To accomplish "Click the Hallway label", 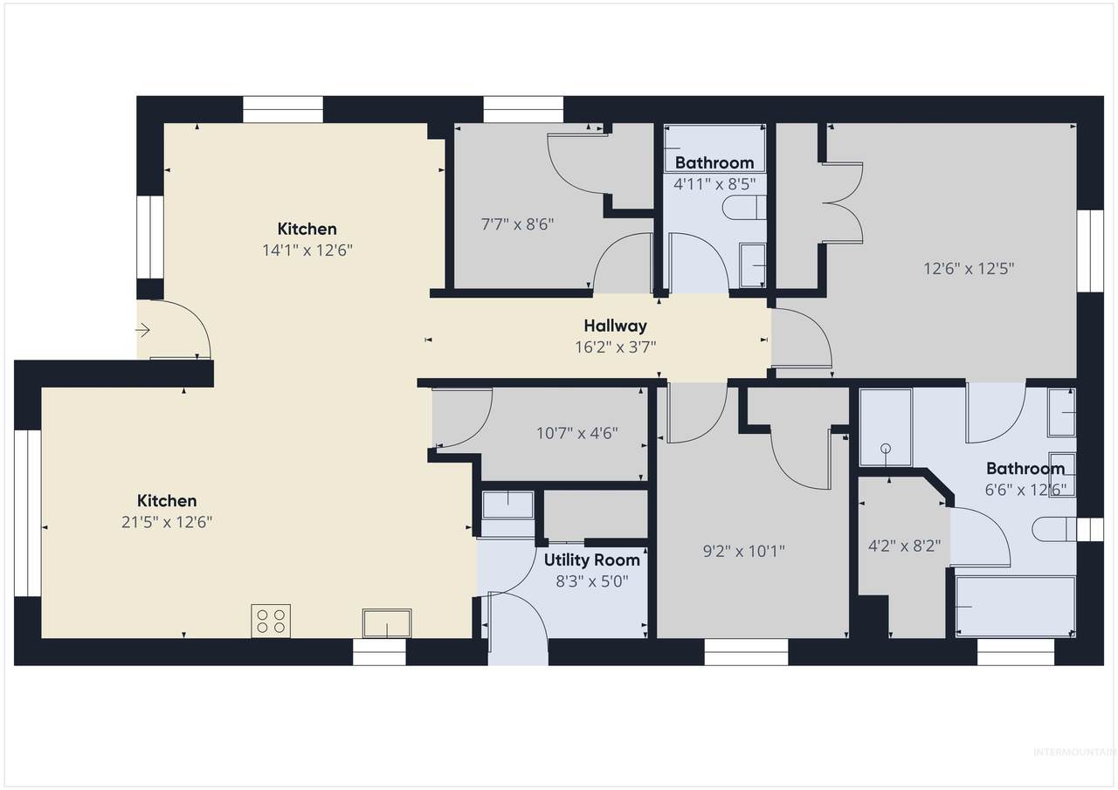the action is pos(615,326).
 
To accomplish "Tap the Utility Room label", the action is pos(592,560).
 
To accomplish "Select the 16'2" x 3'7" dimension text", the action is pos(615,347).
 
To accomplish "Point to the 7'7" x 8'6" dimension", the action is pos(518,224).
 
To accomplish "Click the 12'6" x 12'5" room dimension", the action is pos(969,270).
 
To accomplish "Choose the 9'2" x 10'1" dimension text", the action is pos(743,551).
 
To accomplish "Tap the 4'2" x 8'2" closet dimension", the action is pos(904,546).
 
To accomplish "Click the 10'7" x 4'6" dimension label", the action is pos(577,433).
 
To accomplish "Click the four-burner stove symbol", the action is pos(271,621).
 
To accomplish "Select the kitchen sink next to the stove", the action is pos(387,623).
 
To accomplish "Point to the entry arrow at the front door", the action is pos(142,330).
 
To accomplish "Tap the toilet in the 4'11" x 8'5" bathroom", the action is pos(743,208).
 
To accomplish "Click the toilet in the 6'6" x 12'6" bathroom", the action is pos(1053,529).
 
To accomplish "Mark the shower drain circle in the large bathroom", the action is pos(886,448).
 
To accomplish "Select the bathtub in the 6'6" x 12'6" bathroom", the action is pos(1015,607).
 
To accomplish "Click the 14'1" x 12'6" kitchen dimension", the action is pos(307,250).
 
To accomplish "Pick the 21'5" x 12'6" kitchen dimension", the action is pos(167,522).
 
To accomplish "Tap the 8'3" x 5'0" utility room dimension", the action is pos(592,581).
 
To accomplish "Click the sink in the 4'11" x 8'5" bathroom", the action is pos(753,265).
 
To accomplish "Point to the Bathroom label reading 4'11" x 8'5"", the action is pos(714,162).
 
